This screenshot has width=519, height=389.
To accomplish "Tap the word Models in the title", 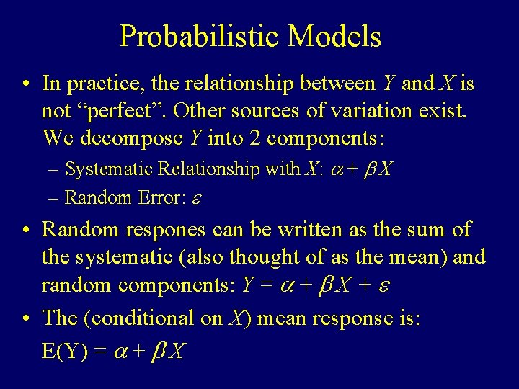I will [334, 36].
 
